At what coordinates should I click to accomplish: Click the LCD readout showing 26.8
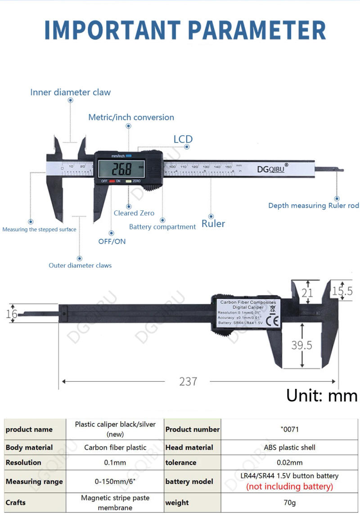point(121,170)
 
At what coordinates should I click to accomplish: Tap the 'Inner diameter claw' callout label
point(70,92)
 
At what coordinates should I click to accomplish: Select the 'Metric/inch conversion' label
point(131,117)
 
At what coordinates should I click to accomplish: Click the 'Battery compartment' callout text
point(162,227)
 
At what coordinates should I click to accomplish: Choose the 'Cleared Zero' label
point(134,213)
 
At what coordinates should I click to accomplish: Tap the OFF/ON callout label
point(112,241)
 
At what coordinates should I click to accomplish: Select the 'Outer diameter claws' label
point(80,265)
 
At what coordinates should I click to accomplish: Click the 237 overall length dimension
point(188,381)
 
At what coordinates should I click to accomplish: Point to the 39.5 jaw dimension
point(301,345)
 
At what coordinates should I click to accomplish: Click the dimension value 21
point(307,293)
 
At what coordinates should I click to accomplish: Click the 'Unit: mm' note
point(322,396)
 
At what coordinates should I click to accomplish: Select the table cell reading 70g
point(289,503)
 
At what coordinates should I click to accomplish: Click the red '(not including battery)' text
point(289,486)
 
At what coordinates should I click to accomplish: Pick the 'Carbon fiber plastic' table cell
point(115,447)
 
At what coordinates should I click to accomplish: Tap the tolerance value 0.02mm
point(289,462)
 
